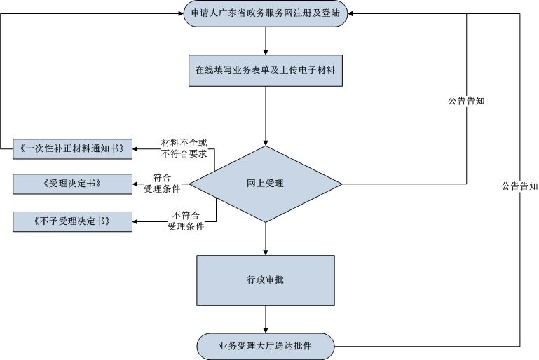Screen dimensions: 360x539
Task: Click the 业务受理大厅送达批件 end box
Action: (266, 345)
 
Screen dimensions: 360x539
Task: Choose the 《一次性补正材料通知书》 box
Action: (72, 148)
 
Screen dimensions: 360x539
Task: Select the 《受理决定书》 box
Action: (72, 184)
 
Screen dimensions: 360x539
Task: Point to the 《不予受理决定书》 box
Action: (72, 221)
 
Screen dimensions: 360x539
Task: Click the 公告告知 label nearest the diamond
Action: (467, 100)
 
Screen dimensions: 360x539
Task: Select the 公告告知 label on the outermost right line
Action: (519, 186)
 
